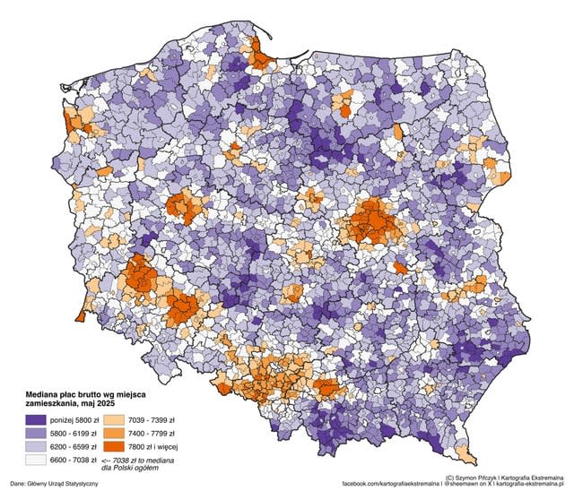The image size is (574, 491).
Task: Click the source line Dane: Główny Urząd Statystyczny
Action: [54, 484]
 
